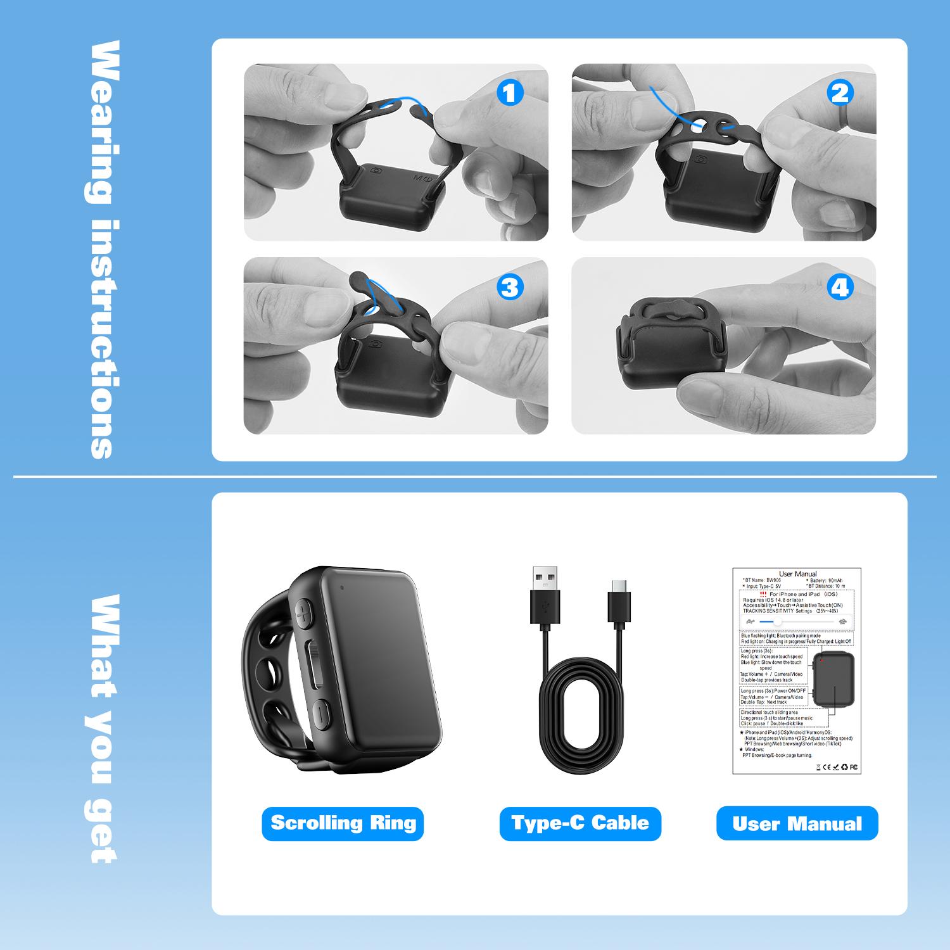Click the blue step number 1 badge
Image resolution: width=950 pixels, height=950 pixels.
coord(510,93)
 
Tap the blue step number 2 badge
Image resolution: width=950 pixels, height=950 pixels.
coord(840,93)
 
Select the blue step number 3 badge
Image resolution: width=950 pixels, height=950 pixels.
coord(510,288)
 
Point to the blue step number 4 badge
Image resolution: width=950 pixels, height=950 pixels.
coord(840,288)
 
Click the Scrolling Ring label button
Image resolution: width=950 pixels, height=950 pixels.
coord(343,823)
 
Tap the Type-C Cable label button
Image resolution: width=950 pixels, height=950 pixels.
coord(580,823)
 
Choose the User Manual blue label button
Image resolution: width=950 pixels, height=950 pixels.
coord(797,823)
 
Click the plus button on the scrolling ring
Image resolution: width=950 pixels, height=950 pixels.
coord(305,612)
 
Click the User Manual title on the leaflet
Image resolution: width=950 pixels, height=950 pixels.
coord(797,574)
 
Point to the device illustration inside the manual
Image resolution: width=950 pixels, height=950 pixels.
coord(833,681)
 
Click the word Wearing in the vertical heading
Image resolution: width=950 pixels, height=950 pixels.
coord(101,123)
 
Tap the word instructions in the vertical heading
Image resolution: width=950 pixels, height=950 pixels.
coord(101,339)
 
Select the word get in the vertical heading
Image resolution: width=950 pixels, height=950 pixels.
coord(101,830)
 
